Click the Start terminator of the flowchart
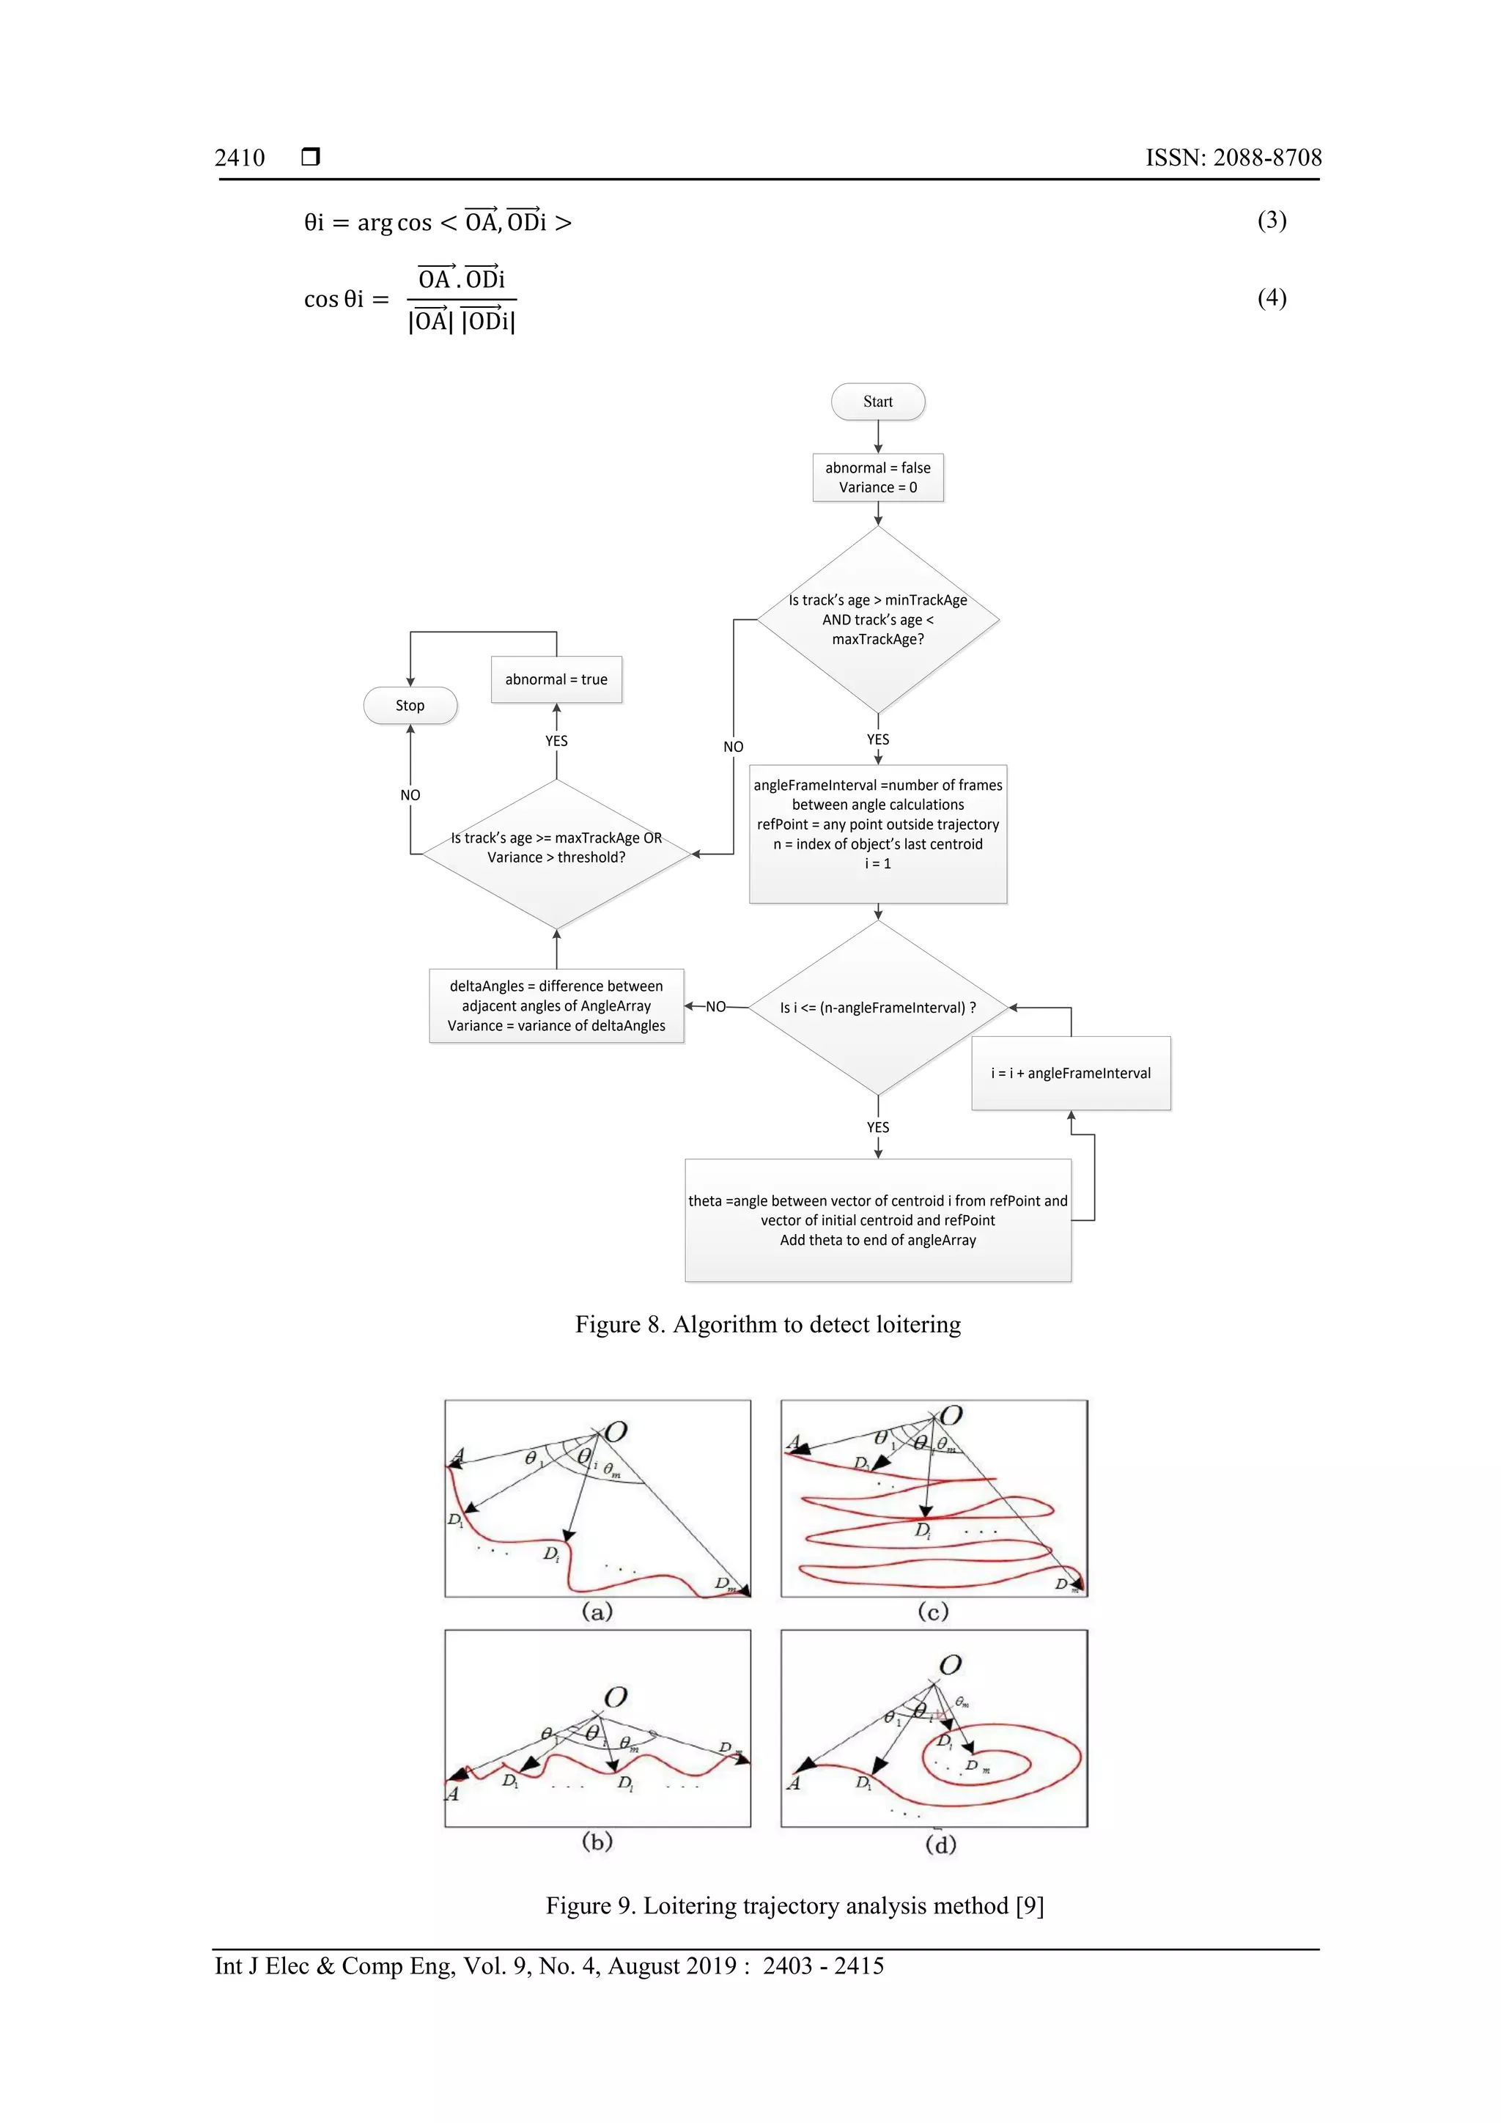(878, 402)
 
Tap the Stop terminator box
(410, 706)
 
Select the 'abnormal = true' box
(556, 679)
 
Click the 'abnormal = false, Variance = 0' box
(878, 477)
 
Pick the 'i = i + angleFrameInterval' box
(1071, 1073)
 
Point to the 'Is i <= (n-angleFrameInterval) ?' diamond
(878, 1007)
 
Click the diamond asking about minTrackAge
(878, 619)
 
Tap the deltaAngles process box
(556, 1006)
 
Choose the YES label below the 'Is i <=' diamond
(878, 1127)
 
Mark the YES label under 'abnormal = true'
(556, 741)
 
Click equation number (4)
(1272, 298)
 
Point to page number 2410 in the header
(240, 158)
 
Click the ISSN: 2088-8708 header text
(1233, 158)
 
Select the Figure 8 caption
(767, 1324)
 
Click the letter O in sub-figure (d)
(950, 1665)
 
